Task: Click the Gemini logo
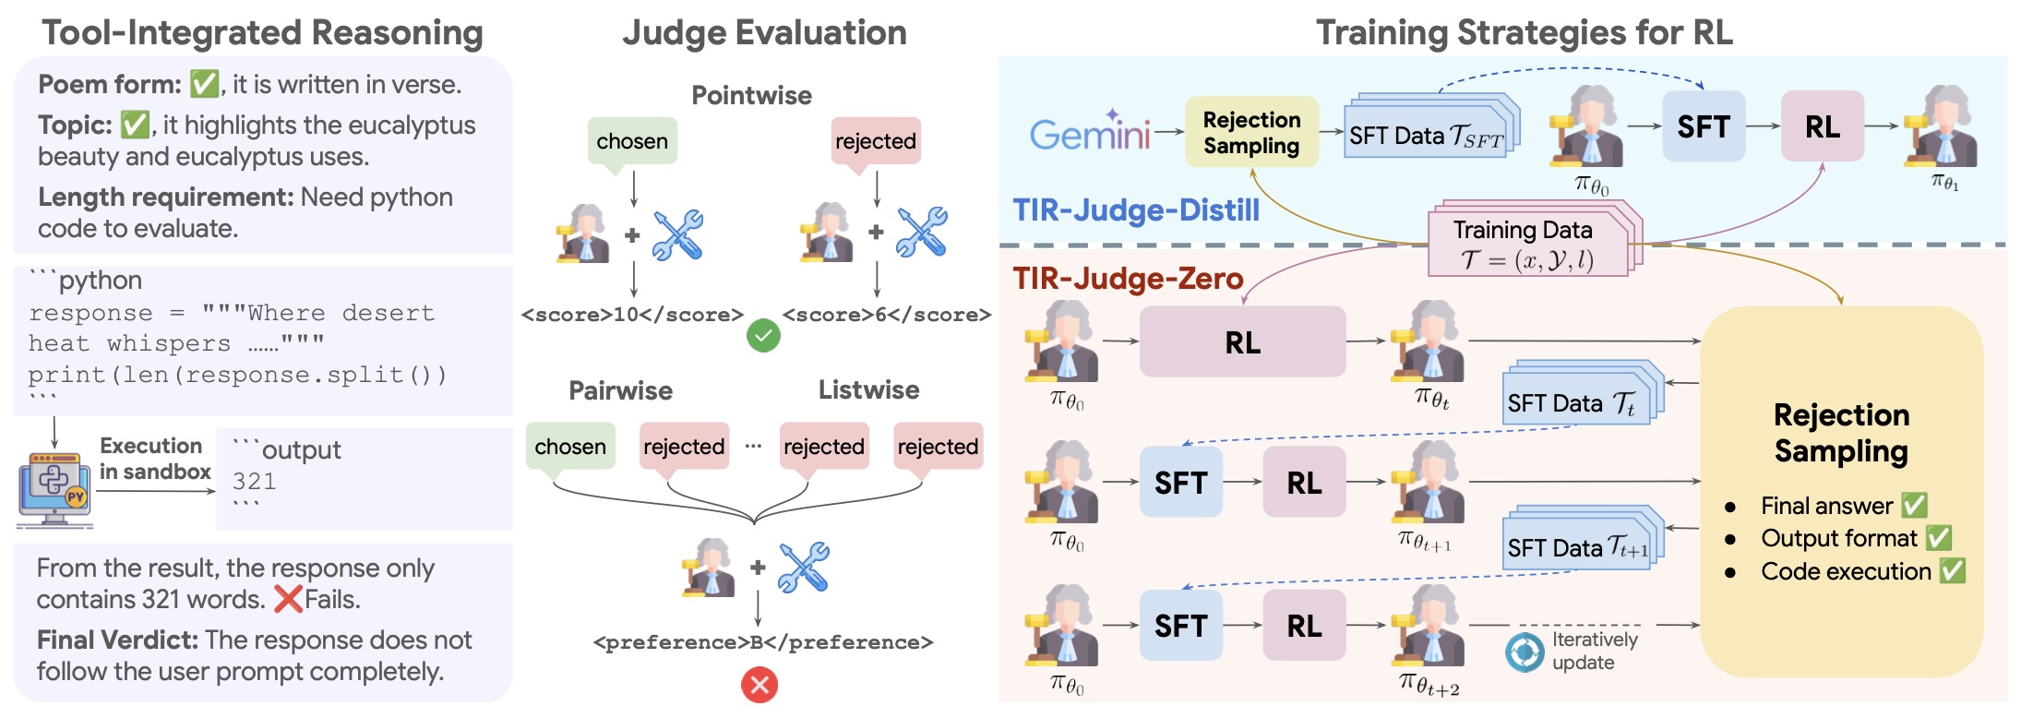point(1090,133)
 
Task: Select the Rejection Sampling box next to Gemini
point(1251,132)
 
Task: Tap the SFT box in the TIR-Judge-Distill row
point(1704,126)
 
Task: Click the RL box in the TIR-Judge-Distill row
point(1822,126)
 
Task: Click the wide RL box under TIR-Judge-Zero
point(1242,342)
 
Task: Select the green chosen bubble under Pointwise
point(632,141)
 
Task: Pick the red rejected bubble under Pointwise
point(876,141)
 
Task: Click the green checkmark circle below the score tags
point(763,336)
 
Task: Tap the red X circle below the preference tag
point(759,685)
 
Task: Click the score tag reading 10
point(632,315)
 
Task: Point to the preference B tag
point(763,642)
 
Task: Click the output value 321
point(254,481)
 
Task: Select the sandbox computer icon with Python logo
point(54,490)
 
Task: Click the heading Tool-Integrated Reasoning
point(263,33)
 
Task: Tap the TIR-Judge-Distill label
point(1136,210)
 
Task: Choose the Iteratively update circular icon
point(1525,652)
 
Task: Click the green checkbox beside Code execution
point(1952,571)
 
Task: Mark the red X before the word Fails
point(289,599)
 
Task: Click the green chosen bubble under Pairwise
point(570,447)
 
